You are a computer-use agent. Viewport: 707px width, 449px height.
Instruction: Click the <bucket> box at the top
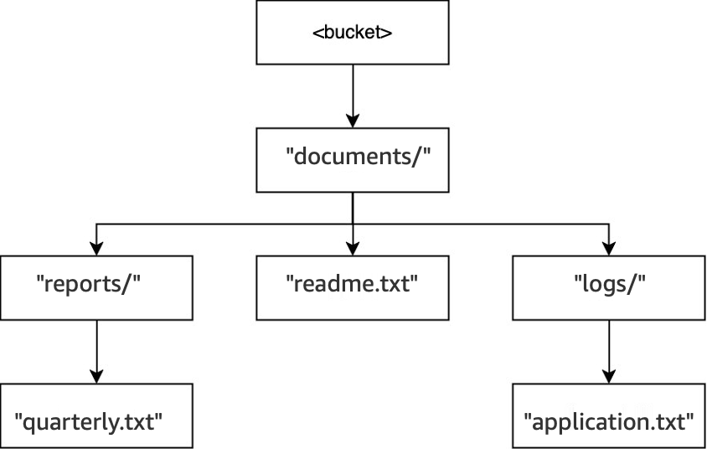[x=352, y=33]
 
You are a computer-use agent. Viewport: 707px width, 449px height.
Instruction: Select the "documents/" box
[x=352, y=159]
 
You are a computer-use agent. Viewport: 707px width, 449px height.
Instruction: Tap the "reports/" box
[x=96, y=287]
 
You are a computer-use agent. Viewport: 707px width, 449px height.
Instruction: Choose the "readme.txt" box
[x=352, y=287]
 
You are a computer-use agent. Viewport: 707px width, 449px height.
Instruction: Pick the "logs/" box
[x=608, y=287]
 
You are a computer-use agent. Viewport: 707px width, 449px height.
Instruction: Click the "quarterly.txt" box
[x=96, y=415]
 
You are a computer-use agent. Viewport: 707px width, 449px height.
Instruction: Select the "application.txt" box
[x=608, y=415]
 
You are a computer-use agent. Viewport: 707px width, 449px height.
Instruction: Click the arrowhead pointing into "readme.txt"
[x=352, y=248]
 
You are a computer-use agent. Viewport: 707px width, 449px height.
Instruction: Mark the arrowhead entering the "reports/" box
[x=96, y=248]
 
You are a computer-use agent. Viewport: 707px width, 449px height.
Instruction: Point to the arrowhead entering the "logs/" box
[x=608, y=248]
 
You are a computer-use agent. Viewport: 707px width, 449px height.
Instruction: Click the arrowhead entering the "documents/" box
[x=352, y=120]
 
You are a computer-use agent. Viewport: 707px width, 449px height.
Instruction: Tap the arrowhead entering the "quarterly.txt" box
[x=96, y=376]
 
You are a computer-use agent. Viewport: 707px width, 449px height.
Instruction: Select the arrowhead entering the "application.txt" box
[x=608, y=376]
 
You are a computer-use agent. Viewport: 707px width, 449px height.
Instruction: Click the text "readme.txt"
[x=352, y=283]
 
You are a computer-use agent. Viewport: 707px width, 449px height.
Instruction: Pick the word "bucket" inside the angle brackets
[x=353, y=34]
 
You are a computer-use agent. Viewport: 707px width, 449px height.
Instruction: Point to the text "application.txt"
[x=609, y=420]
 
